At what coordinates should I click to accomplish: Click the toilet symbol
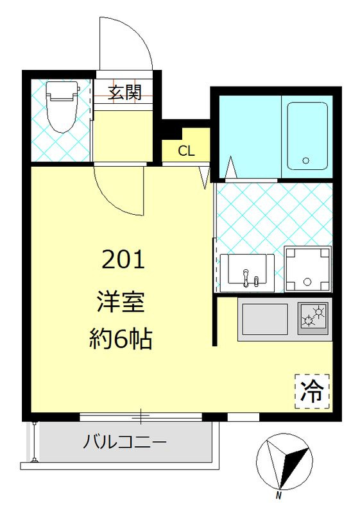tap(62, 107)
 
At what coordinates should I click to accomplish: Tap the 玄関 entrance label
tap(124, 92)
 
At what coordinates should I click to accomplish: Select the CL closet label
tap(186, 151)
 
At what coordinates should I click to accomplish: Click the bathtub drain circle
tap(306, 161)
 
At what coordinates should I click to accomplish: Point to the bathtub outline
tap(307, 136)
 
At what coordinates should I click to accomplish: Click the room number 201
tap(123, 260)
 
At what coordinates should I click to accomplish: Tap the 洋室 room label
tap(121, 302)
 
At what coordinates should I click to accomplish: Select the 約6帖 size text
tap(121, 339)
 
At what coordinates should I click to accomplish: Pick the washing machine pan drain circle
tap(307, 282)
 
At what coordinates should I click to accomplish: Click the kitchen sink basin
tap(265, 319)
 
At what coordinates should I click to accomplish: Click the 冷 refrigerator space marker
tap(313, 392)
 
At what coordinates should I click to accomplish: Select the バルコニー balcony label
tap(124, 442)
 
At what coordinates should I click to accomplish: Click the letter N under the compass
tap(279, 504)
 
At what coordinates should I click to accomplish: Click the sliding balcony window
tap(141, 417)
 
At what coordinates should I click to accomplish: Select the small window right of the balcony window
tap(243, 417)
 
